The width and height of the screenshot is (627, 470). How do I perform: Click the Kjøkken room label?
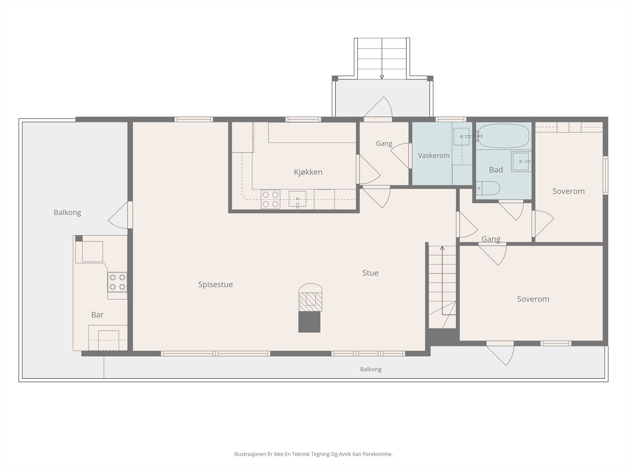click(308, 172)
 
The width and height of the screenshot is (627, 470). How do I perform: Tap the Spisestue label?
click(216, 285)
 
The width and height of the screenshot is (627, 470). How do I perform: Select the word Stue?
click(370, 273)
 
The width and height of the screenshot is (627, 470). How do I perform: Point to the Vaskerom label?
click(434, 155)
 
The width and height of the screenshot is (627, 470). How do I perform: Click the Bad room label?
click(496, 170)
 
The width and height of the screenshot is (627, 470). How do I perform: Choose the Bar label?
click(97, 315)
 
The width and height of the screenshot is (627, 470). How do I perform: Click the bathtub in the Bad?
click(504, 136)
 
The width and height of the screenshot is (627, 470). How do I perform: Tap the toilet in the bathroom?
click(488, 188)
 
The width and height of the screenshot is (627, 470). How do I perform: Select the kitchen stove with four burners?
click(270, 199)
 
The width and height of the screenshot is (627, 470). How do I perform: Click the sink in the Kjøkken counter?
click(297, 199)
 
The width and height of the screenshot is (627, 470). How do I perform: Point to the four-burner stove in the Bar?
click(118, 282)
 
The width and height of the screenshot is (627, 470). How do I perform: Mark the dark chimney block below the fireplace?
click(309, 322)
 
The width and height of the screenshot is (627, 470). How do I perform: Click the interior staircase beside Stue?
click(442, 286)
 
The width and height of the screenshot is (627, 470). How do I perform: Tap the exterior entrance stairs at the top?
click(382, 58)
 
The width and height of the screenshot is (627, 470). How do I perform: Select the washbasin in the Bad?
click(521, 161)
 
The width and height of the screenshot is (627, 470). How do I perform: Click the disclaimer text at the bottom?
click(313, 454)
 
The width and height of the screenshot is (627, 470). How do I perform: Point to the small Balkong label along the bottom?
click(371, 369)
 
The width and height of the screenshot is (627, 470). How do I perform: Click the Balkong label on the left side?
click(67, 213)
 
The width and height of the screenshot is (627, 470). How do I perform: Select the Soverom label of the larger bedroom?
click(533, 299)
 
